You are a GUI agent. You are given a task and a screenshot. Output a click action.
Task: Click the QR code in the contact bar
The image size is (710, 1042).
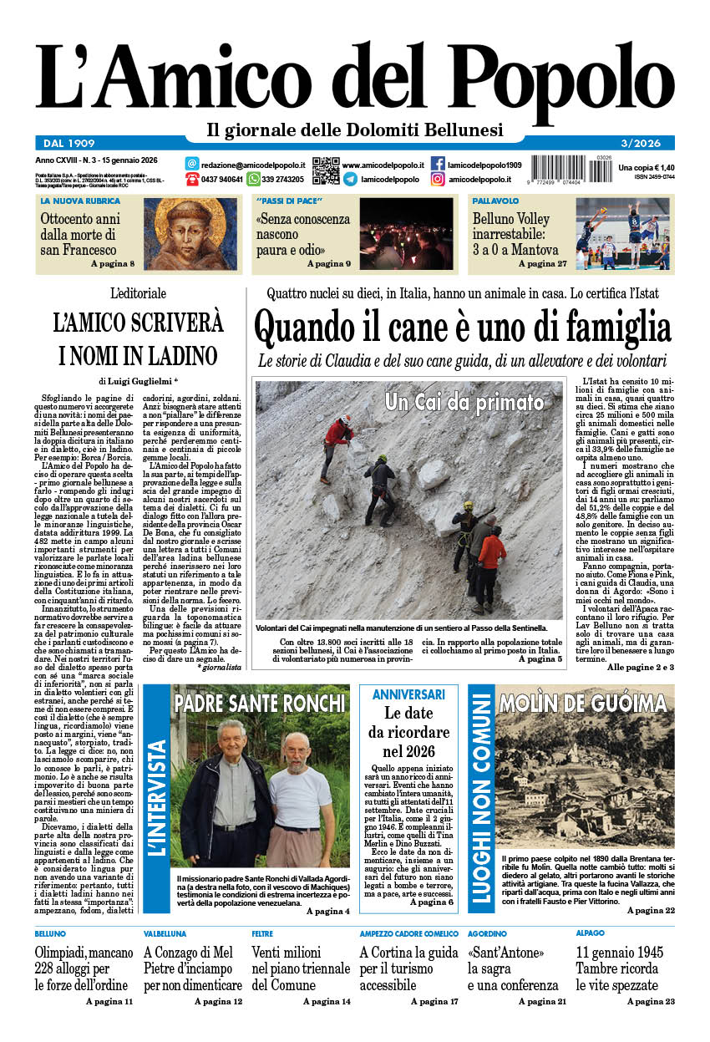(326, 170)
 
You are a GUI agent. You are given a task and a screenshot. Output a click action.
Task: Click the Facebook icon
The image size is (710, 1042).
(438, 164)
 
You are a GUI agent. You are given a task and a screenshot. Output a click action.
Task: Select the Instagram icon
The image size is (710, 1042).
(438, 179)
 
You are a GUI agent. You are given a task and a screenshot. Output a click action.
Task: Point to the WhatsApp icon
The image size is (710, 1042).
(253, 179)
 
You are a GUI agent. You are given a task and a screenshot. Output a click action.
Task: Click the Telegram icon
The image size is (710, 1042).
(350, 179)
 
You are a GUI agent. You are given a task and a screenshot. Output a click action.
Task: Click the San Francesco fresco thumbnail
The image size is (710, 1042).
(190, 234)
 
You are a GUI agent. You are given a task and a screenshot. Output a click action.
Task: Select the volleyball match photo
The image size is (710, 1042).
(622, 233)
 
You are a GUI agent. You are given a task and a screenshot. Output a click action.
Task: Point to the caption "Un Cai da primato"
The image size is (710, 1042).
(464, 403)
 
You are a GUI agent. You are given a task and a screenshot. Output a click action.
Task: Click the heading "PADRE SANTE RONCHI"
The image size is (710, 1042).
(260, 701)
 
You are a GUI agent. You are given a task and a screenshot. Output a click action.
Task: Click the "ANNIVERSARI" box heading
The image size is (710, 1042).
(408, 694)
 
